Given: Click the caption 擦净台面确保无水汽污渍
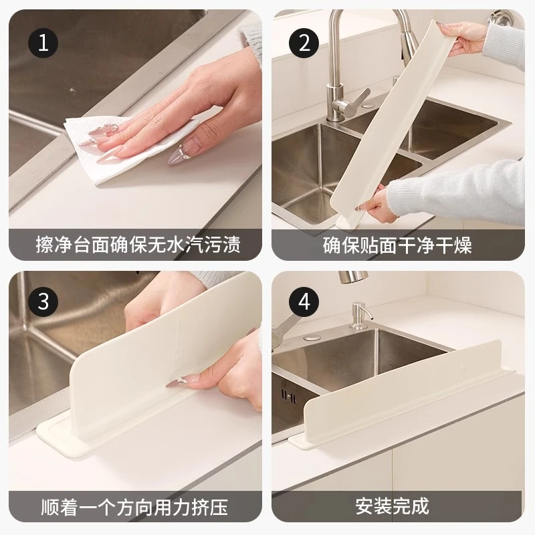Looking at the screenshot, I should click(x=138, y=244).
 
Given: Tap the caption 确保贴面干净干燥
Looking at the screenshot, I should click(x=397, y=244).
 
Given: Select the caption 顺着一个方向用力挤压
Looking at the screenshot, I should click(x=138, y=505).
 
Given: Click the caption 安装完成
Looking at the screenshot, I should click(x=397, y=505).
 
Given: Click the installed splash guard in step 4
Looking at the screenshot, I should click(x=401, y=388).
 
